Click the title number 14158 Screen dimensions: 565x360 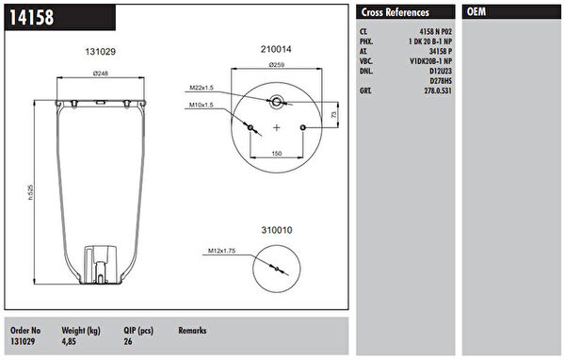point(32,17)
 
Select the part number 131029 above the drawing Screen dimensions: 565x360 point(100,52)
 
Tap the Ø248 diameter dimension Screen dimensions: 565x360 point(101,74)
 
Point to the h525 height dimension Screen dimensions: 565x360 point(31,192)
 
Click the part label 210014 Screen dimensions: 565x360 point(276,49)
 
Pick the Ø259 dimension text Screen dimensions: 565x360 point(276,65)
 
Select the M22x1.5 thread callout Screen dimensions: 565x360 point(202,88)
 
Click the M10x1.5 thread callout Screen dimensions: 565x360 point(202,105)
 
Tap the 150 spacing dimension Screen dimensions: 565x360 point(276,154)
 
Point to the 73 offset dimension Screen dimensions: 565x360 point(333,114)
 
